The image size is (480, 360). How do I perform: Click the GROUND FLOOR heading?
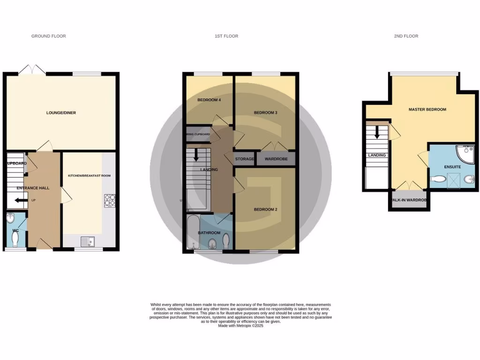click(48, 36)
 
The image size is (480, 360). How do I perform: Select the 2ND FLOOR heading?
click(406, 36)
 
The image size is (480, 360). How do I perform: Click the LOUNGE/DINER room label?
click(61, 113)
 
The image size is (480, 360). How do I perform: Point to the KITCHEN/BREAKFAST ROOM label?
click(86, 176)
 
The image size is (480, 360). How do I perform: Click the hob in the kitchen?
click(109, 201)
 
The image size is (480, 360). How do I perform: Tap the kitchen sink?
click(87, 242)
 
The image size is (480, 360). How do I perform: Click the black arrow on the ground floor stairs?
click(21, 201)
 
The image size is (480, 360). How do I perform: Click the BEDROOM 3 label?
click(265, 113)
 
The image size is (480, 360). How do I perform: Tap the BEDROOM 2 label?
click(265, 210)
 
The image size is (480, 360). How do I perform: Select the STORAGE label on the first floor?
click(244, 159)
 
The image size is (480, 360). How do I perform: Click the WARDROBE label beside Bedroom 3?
click(276, 159)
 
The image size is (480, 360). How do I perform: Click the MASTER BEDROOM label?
click(427, 110)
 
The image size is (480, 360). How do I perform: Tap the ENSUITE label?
click(452, 167)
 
